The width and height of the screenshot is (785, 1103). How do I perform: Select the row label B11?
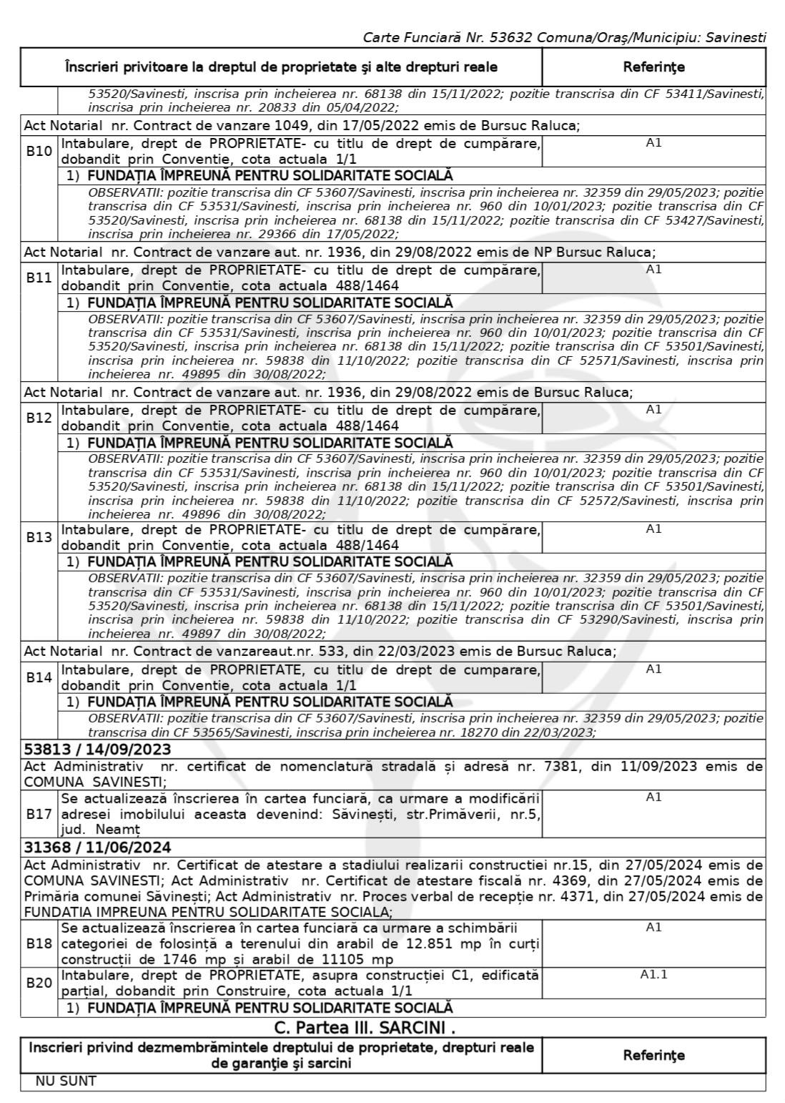39,278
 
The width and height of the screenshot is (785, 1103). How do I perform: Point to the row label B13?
39,537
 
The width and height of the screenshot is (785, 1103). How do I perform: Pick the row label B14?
39,677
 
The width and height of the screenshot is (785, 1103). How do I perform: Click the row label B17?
39,814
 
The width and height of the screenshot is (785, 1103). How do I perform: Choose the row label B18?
39,943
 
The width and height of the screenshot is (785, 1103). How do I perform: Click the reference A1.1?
653,974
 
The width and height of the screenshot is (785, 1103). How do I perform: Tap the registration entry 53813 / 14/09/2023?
98,749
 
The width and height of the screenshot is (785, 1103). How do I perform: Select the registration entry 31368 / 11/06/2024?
98,848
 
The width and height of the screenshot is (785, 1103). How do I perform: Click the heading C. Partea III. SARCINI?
365,1027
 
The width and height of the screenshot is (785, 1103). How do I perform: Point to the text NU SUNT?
66,1081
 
